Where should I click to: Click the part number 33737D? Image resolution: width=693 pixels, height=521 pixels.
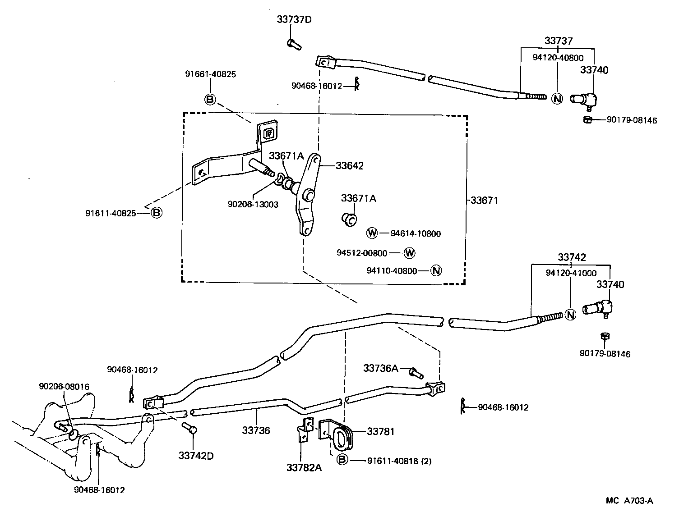294,19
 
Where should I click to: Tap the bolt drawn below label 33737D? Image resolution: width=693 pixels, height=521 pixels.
293,44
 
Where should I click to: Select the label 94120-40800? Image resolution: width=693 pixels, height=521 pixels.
558,58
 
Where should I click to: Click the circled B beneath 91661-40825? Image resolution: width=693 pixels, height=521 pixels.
210,99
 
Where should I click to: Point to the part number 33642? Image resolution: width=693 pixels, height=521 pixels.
349,165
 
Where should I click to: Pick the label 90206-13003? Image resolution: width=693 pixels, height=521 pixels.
253,204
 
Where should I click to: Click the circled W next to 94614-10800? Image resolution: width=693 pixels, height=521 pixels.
372,233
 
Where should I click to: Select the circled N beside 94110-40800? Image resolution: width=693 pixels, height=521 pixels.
435,270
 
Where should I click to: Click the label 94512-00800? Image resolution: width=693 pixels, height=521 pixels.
362,253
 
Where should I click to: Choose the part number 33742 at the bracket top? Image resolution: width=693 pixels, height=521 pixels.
572,257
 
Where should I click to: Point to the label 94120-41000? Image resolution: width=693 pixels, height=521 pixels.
571,273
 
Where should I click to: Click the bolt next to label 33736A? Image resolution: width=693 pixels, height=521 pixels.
416,373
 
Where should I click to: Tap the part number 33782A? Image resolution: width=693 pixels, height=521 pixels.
304,467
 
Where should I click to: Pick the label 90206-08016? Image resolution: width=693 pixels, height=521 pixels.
64,386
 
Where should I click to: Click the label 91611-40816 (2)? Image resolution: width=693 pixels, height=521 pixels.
399,461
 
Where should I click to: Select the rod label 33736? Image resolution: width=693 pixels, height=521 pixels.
256,430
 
